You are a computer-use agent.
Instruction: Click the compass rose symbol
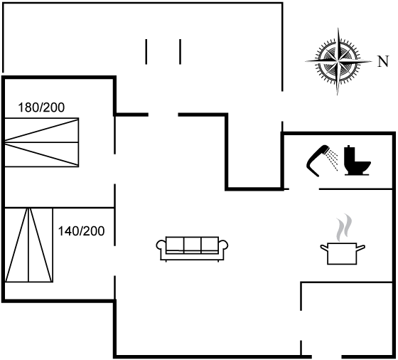338,61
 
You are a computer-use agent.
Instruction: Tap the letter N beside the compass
383,61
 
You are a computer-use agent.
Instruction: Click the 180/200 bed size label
41,107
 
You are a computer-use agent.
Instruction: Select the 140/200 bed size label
82,231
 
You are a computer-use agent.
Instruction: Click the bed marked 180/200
42,142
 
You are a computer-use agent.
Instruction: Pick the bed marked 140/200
28,245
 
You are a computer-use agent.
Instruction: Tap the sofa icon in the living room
192,249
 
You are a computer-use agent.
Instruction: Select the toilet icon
357,160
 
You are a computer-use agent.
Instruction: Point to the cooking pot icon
343,253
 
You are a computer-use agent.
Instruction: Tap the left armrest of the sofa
161,245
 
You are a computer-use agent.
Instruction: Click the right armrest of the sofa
223,245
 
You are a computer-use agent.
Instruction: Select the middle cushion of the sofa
192,245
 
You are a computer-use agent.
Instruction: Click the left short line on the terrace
146,51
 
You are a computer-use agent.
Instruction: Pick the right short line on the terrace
181,51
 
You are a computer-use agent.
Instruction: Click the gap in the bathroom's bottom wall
304,189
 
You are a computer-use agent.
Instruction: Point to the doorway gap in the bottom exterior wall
327,356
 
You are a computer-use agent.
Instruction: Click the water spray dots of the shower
333,159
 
